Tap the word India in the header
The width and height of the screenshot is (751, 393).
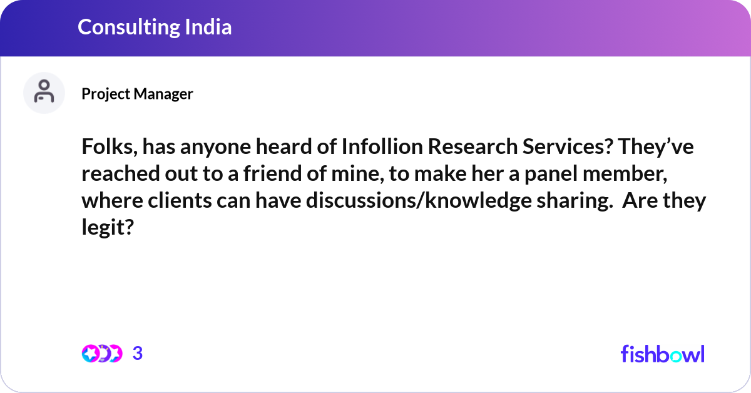click(x=209, y=27)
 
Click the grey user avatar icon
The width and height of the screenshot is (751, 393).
click(x=44, y=93)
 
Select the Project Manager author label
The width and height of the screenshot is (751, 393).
click(x=137, y=94)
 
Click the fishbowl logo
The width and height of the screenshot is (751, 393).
click(x=662, y=354)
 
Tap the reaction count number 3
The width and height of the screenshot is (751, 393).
click(x=138, y=354)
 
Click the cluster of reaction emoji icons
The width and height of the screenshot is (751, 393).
click(x=101, y=354)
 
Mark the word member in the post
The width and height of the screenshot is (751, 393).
click(x=637, y=175)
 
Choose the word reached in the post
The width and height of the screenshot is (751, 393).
click(x=118, y=175)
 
